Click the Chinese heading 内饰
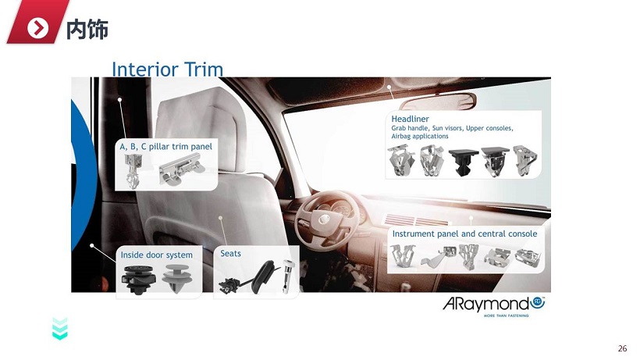(x=87, y=29)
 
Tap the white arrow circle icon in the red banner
(x=38, y=28)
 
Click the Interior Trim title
(x=167, y=69)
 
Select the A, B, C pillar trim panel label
(x=165, y=147)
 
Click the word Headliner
(x=410, y=119)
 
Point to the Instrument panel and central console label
(x=464, y=233)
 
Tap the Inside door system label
(x=156, y=255)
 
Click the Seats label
(x=230, y=254)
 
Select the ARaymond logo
(x=494, y=305)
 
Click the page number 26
(x=622, y=348)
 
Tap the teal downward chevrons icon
(x=60, y=329)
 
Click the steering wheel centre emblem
(x=324, y=219)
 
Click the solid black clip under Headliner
(x=464, y=161)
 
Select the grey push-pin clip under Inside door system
(x=176, y=278)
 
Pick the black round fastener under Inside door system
(x=138, y=280)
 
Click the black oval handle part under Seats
(x=263, y=276)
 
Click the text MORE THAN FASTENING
(x=506, y=315)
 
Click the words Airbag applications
(x=420, y=137)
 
